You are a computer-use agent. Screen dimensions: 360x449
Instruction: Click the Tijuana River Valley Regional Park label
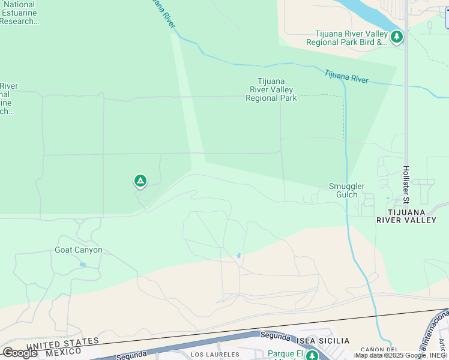click(271, 90)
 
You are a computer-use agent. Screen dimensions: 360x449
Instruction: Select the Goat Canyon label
click(79, 250)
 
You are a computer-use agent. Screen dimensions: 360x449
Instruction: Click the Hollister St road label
click(406, 184)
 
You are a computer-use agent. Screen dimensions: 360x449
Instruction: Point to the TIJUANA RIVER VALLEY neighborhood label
click(406, 216)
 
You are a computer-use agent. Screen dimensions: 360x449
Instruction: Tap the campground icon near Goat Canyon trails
click(140, 180)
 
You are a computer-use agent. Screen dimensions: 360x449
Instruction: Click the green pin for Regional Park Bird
click(396, 37)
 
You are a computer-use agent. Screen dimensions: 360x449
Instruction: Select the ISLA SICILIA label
click(323, 341)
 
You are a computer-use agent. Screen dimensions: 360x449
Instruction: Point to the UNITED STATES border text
click(62, 343)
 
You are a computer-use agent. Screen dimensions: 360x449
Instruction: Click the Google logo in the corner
click(20, 353)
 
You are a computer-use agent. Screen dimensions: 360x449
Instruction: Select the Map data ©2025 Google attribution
click(401, 356)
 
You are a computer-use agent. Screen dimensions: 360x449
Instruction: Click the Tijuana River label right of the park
click(346, 76)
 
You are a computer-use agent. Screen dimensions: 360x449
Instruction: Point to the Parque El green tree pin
click(312, 355)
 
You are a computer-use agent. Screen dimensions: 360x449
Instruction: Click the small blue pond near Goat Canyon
click(82, 265)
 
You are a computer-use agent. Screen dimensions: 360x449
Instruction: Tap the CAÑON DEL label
click(379, 349)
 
